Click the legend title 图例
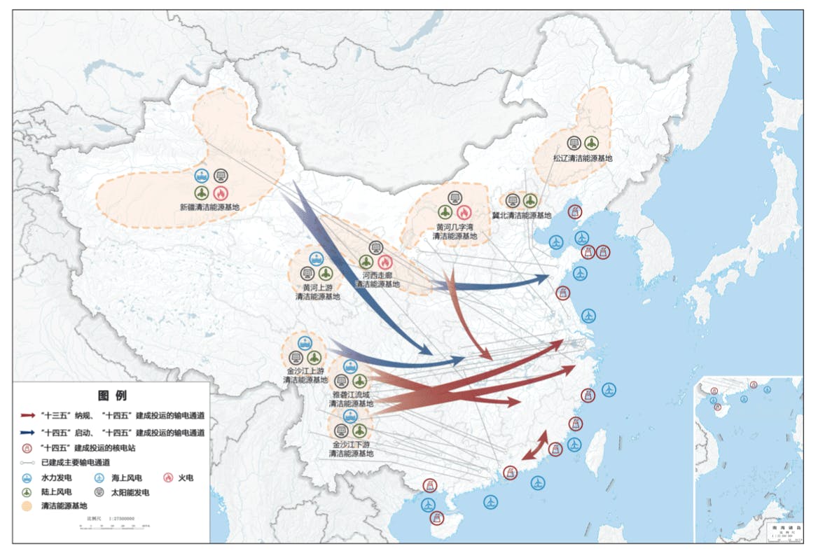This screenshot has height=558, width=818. coord(112,396)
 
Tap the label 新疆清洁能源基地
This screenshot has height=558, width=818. coord(209,207)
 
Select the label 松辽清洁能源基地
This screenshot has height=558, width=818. coord(582,159)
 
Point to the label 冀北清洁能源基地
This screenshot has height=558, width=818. coord(521,216)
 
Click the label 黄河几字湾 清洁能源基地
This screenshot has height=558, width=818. coord(455,232)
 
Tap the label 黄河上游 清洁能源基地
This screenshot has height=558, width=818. coord(317,292)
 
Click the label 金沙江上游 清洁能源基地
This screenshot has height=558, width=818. coord(305,375)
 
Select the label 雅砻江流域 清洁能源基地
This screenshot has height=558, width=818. coord(351,399)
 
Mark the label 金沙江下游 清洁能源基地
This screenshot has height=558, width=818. coord(351,449)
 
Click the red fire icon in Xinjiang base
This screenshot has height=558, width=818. coord(221,193)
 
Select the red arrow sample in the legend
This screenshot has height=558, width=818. coord(27,415)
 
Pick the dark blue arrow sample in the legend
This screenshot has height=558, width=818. coord(27,433)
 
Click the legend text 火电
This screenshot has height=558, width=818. coord(185,478)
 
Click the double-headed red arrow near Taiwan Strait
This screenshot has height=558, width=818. coord(535,446)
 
